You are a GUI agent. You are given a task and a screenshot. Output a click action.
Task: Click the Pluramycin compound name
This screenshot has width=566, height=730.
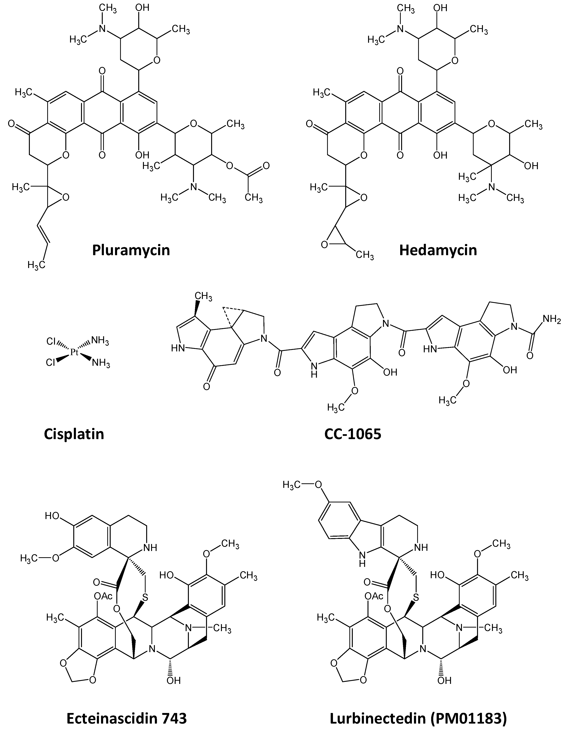[131, 250]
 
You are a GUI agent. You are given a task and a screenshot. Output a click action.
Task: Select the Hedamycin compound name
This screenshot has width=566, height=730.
[438, 250]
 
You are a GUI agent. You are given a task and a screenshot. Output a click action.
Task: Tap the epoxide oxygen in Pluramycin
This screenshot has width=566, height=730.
[66, 198]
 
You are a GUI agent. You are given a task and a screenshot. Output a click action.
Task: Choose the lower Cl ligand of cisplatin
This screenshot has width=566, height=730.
[51, 363]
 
